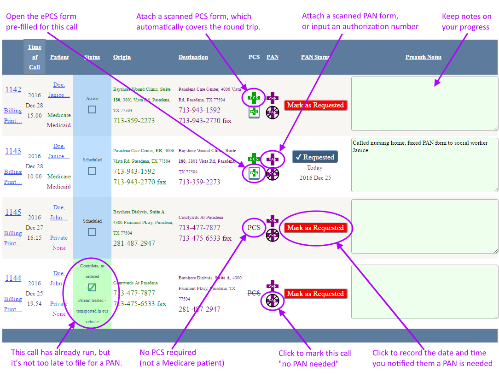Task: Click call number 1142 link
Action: [x=13, y=89]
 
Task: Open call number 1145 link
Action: [x=13, y=212]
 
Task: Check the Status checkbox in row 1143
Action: [x=92, y=171]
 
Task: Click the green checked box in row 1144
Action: [x=92, y=288]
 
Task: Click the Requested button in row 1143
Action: [x=315, y=157]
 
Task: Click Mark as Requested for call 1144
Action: [x=315, y=294]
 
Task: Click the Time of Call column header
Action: [x=35, y=57]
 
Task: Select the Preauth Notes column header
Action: [x=423, y=57]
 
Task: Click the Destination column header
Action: [x=193, y=57]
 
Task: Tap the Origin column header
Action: [x=122, y=57]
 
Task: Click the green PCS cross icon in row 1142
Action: [x=254, y=97]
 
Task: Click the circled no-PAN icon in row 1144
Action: [x=273, y=301]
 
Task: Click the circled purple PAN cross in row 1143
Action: [x=273, y=159]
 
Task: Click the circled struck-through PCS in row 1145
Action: [x=254, y=228]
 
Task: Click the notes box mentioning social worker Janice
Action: [x=424, y=165]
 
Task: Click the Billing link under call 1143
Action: [x=13, y=172]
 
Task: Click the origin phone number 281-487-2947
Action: [x=134, y=243]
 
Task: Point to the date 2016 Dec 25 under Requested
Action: [x=315, y=177]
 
